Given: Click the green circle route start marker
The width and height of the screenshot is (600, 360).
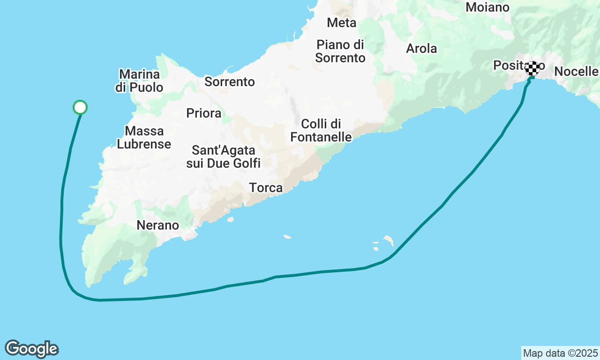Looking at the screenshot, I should point(80,107).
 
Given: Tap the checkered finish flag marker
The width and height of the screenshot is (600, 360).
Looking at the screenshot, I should point(532,68).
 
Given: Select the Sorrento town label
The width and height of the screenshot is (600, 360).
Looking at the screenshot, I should point(230,82).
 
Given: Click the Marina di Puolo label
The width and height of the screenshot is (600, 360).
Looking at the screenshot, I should point(139,81).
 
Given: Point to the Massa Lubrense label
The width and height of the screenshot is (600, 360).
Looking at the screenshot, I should point(144,137).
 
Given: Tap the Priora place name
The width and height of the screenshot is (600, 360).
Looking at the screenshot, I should point(203,113).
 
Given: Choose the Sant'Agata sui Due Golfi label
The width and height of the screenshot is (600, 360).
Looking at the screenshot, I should point(223,157).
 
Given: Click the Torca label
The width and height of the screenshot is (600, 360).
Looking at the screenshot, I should point(266,188).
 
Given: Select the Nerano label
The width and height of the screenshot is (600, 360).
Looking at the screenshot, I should point(158,225).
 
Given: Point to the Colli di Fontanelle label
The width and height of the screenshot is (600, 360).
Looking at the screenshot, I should point(321,130).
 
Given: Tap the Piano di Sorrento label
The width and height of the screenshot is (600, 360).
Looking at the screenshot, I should point(340,51).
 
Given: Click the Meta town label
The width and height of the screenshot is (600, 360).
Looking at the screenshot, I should point(342,22).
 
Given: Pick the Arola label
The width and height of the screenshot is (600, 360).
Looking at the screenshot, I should point(421,48).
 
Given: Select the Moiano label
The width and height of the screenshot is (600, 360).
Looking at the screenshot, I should point(487,7).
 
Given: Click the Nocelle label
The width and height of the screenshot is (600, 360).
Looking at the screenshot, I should point(576,72).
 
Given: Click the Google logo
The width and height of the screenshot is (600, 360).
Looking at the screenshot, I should point(31,349).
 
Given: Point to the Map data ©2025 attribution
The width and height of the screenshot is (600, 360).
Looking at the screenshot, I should point(560,353).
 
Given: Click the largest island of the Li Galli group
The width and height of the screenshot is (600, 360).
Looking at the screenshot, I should point(389,241).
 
